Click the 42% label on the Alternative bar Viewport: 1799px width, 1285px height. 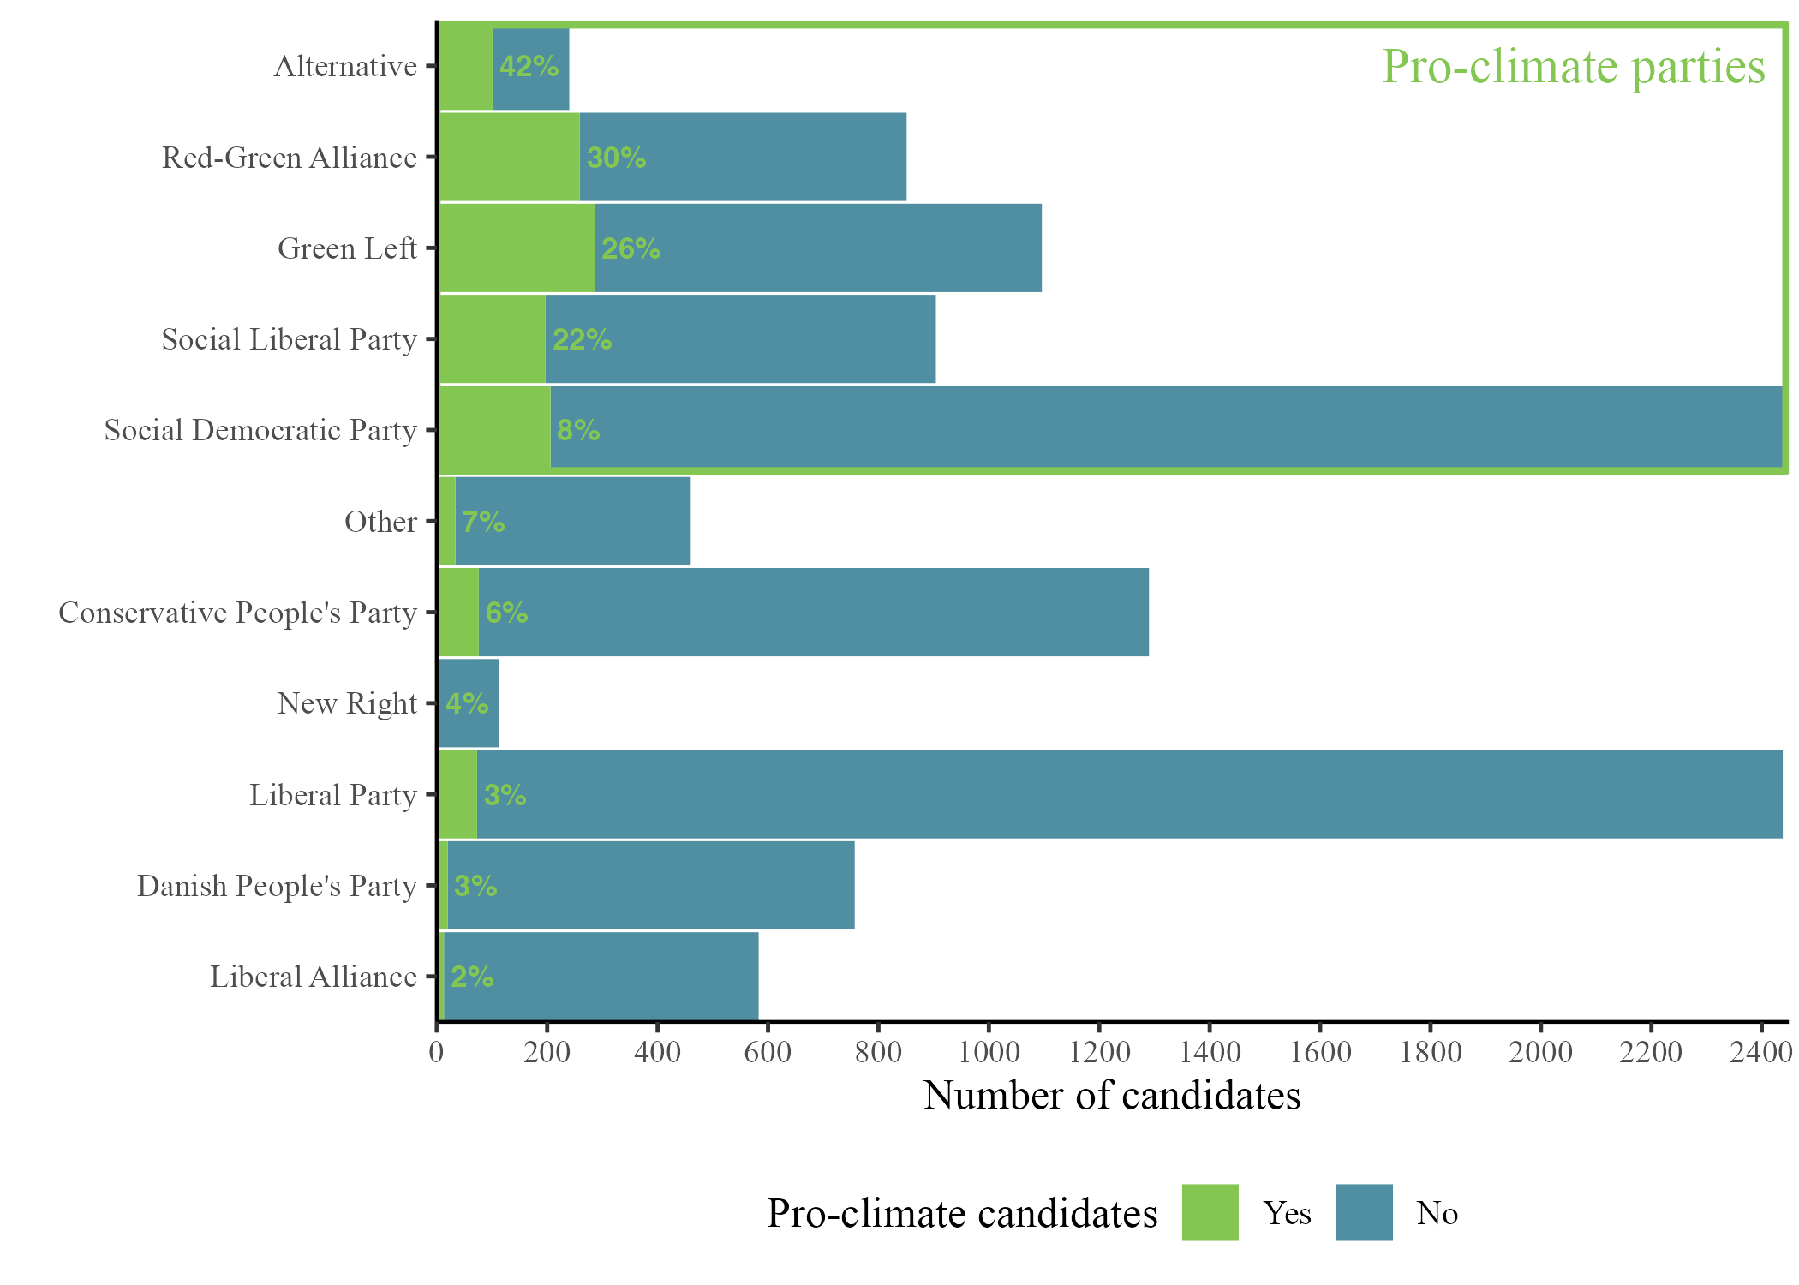[x=529, y=67]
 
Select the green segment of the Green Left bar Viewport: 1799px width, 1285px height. [x=517, y=248]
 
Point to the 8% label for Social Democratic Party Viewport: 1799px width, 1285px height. [x=578, y=430]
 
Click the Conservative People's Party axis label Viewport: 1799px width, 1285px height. [x=237, y=613]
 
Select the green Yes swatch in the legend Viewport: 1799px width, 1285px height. [x=1210, y=1212]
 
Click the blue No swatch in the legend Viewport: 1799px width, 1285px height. [x=1364, y=1212]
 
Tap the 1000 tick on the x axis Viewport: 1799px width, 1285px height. [x=988, y=1051]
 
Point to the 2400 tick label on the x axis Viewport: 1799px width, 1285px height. [x=1760, y=1051]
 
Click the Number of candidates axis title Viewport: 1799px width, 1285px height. [x=1112, y=1095]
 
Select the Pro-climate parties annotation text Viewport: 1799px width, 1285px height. [x=1574, y=67]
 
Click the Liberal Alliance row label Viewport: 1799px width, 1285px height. [x=314, y=977]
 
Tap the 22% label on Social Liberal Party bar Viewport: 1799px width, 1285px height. [x=582, y=340]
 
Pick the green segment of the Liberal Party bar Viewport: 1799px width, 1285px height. [x=458, y=794]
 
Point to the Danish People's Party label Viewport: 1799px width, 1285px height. [x=277, y=886]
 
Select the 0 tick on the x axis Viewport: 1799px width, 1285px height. [x=437, y=1051]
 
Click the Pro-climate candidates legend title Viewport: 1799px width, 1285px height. [x=962, y=1213]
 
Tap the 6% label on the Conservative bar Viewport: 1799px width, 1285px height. [x=506, y=613]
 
